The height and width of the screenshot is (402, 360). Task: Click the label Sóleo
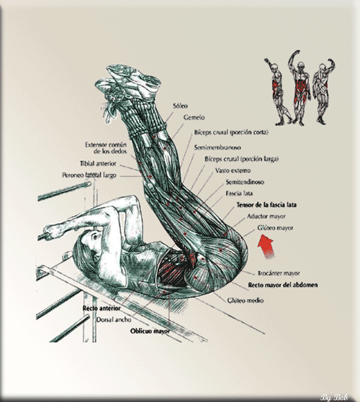[180, 106]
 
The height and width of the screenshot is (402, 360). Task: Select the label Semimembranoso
[217, 147]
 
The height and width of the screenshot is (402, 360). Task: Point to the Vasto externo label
[233, 170]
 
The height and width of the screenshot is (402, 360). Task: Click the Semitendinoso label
[245, 182]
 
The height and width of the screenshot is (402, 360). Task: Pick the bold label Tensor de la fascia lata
[266, 205]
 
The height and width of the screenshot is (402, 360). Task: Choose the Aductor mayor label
[266, 216]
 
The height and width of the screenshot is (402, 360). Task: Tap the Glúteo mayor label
[275, 228]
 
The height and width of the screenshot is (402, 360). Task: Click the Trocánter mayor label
[279, 273]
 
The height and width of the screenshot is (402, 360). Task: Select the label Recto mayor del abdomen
[283, 285]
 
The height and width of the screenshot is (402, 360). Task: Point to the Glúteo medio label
[246, 300]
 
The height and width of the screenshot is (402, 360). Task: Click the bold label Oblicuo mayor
[150, 331]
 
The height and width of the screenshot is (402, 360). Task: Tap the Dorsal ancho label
[114, 320]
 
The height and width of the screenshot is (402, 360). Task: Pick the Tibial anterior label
[98, 163]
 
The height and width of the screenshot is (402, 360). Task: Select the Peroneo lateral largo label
[89, 175]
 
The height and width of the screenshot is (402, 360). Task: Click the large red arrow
[266, 246]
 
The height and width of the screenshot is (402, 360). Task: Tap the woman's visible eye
[95, 236]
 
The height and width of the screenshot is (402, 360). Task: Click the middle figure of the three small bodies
[299, 87]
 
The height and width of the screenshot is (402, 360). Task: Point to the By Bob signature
[333, 398]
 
